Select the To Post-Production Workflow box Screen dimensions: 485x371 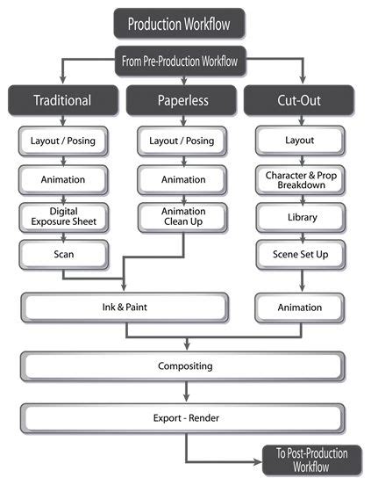pyautogui.click(x=306, y=460)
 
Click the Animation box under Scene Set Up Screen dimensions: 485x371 pyautogui.click(x=300, y=308)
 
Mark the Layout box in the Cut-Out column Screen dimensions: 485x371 pyautogui.click(x=300, y=140)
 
